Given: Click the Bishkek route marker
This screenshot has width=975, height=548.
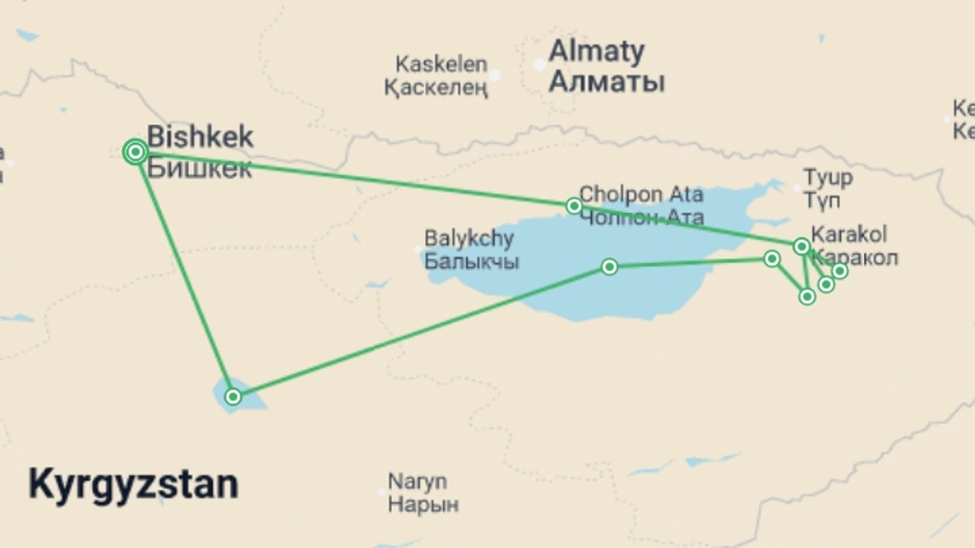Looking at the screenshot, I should tap(136, 152).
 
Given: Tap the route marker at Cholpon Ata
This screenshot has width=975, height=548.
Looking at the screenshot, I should tap(574, 205).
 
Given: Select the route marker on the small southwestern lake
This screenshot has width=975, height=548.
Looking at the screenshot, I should tap(233, 396).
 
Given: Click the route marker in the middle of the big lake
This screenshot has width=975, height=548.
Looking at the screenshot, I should tap(609, 266).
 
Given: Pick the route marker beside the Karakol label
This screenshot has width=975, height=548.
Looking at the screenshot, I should tap(801, 247).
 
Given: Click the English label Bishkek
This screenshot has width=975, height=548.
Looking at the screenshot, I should tap(200, 137).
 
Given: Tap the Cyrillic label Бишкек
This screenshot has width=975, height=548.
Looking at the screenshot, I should tap(200, 168).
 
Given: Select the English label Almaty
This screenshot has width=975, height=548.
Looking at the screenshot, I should tap(597, 51).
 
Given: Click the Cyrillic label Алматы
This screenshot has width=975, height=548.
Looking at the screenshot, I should tap(607, 82).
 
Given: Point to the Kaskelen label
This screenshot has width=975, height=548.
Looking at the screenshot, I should tap(441, 64).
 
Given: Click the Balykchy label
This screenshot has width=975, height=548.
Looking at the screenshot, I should tap(469, 238).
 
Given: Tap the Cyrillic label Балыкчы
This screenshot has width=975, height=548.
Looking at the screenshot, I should tap(471, 262).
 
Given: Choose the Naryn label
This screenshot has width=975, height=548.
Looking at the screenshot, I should tap(417, 481).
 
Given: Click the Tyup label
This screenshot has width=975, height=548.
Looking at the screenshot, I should tap(828, 178).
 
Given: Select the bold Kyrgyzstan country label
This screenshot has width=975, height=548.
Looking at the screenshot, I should tap(134, 485).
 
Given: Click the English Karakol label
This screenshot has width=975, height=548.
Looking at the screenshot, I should tap(849, 234).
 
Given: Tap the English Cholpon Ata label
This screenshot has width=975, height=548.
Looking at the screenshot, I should tap(641, 194).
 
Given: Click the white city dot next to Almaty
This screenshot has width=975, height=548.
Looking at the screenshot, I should tap(539, 65).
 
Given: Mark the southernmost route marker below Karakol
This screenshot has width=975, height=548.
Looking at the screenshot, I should tap(807, 296).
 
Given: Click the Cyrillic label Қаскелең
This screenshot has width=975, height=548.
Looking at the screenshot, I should tap(436, 88).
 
